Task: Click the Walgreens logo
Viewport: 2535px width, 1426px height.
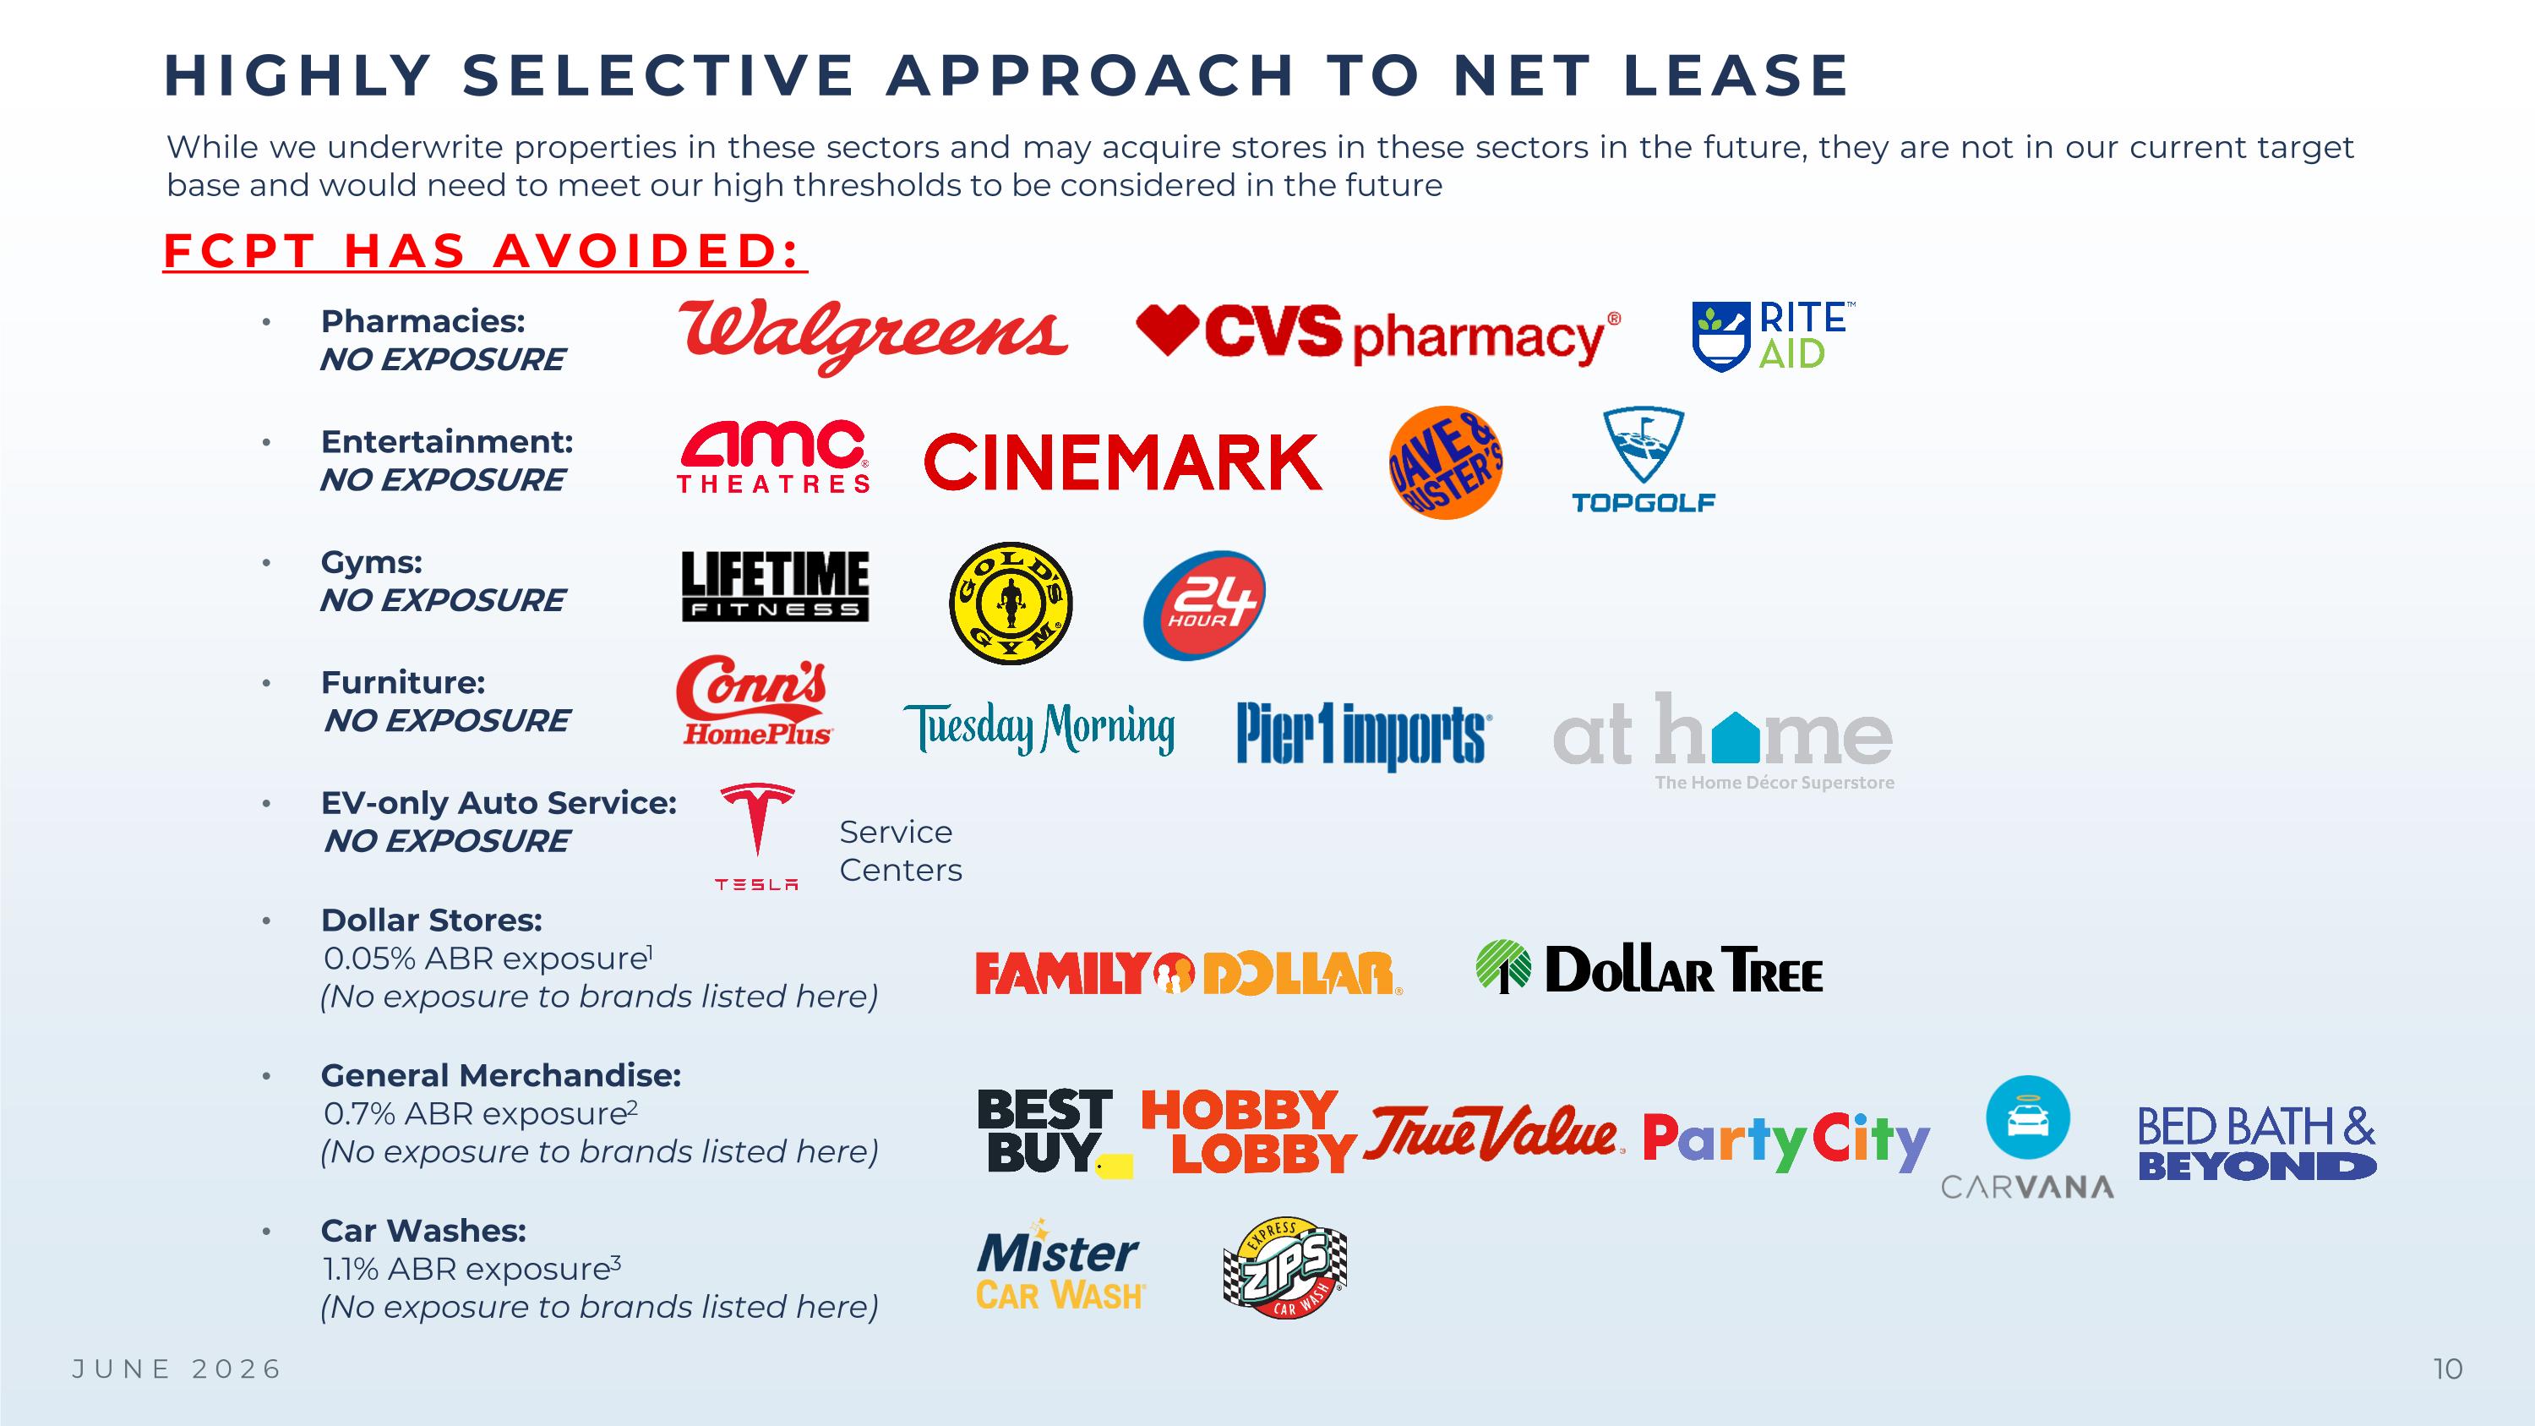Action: point(873,336)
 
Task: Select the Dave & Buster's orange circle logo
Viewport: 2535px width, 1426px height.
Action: point(1446,462)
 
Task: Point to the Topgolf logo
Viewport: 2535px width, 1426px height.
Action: point(1644,461)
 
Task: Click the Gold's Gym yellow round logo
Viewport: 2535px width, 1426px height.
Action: point(1011,604)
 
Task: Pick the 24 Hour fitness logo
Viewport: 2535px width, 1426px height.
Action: point(1204,605)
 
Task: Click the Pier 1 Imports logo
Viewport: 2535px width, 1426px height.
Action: point(1364,735)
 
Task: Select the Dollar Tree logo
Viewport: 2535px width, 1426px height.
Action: point(1649,969)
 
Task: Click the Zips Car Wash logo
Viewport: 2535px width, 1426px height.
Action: point(1285,1268)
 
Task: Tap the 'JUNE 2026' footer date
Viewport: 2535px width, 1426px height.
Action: point(178,1369)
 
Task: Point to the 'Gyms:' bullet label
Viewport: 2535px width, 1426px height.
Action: point(371,562)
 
